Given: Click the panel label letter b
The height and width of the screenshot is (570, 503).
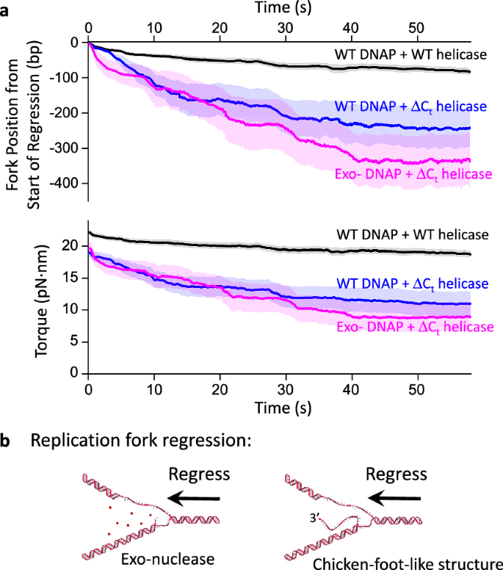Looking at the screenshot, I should click(7, 442).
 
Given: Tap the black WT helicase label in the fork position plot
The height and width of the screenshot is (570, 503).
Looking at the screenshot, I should click(407, 54).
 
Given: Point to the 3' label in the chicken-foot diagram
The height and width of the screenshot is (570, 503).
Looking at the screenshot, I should click(316, 524).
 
